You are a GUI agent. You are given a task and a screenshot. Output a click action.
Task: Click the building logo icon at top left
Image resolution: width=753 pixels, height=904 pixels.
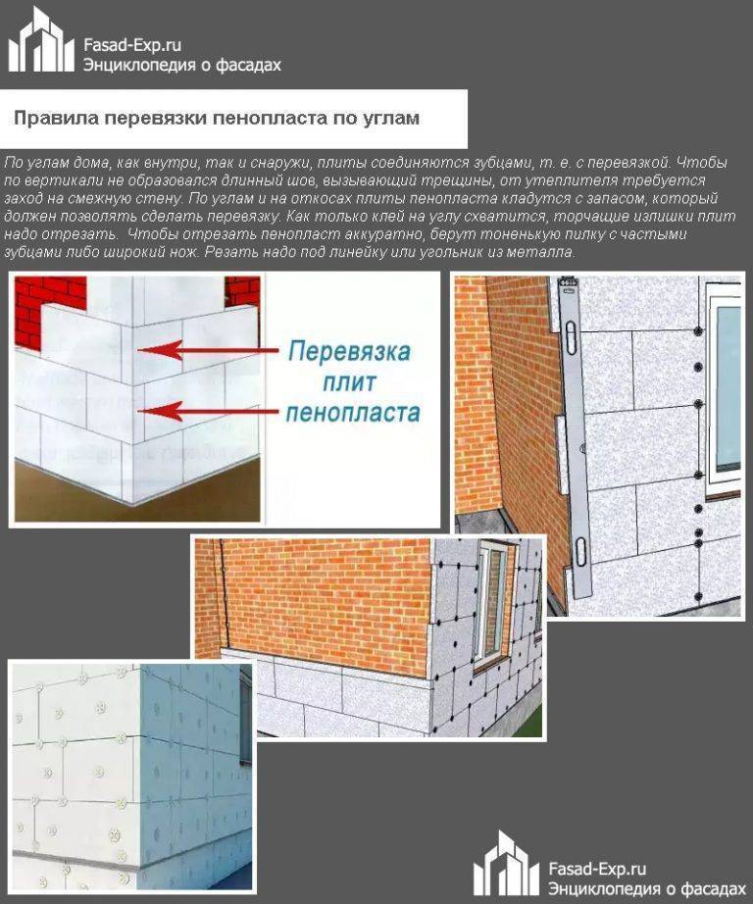41,41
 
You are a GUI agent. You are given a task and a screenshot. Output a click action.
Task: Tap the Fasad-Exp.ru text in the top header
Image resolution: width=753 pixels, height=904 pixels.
132,45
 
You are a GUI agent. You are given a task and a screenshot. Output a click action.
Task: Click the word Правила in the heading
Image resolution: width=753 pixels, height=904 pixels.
53,119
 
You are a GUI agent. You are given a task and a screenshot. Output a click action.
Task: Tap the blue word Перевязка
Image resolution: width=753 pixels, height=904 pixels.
351,350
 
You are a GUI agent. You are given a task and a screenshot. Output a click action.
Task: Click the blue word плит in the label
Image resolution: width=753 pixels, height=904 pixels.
351,381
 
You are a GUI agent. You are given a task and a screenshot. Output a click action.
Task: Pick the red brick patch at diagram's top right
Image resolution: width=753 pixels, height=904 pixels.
241,291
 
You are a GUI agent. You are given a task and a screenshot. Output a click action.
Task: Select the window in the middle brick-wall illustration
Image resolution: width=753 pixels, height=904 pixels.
493,602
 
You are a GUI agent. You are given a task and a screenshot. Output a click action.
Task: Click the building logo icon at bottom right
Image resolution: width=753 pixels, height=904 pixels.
506,864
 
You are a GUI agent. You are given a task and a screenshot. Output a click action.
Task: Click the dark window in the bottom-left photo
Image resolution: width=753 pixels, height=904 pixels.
244,706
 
